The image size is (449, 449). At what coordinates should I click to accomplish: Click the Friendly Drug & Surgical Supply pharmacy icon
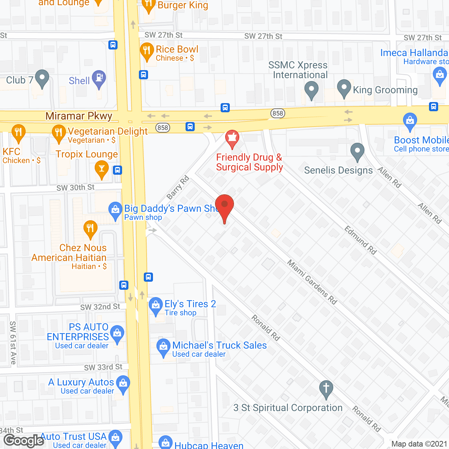[x=232, y=139]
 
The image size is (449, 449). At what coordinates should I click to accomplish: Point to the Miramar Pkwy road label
[x=79, y=116]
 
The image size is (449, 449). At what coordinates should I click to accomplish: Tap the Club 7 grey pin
[x=42, y=79]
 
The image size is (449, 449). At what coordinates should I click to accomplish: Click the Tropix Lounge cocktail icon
[x=102, y=169]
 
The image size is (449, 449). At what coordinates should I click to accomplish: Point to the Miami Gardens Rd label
[x=312, y=282]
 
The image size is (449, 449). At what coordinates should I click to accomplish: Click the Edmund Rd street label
[x=360, y=240]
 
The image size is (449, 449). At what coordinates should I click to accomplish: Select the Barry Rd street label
[x=178, y=188]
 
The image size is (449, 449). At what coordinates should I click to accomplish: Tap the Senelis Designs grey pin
[x=357, y=152]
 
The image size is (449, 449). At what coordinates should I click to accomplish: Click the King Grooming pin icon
[x=344, y=88]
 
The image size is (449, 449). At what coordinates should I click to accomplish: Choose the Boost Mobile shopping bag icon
[x=410, y=121]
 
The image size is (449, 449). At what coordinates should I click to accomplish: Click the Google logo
[x=24, y=441]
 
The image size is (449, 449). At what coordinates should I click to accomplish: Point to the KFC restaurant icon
[x=18, y=133]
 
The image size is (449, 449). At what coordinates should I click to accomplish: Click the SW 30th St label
[x=75, y=188]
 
